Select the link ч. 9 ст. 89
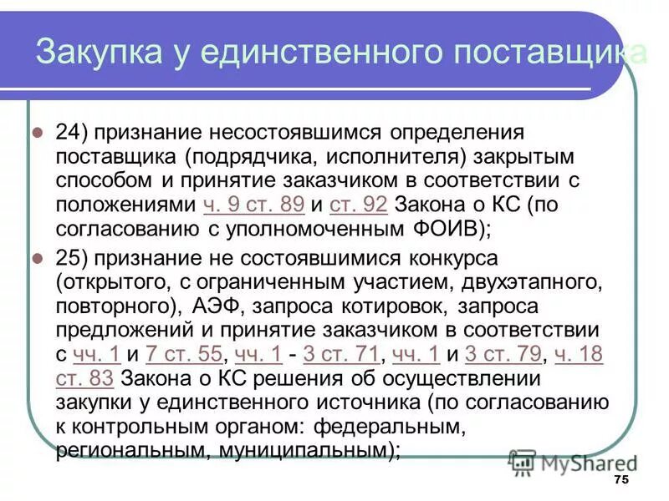point(253,204)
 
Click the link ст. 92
point(358,204)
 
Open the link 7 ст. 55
point(183,355)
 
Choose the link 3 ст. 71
point(341,355)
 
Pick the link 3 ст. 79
point(502,355)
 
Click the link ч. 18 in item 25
point(579,355)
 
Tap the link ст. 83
point(84,379)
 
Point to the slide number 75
point(620,479)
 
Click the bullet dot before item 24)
point(37,133)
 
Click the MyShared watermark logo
point(573,462)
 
